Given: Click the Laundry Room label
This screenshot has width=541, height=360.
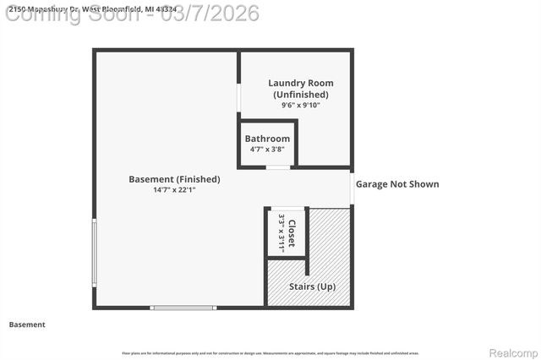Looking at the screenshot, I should [x=300, y=83].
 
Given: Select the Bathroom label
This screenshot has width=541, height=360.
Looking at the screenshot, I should [x=267, y=139].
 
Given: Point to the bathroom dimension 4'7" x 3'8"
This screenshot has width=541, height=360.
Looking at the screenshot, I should [x=267, y=150].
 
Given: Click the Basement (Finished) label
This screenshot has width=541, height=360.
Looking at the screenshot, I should [x=174, y=179].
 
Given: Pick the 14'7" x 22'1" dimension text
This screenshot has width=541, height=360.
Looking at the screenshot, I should [x=174, y=190].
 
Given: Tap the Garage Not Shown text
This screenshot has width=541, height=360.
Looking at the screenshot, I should [x=397, y=184].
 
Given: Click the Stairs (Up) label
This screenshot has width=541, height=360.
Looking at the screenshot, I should [x=313, y=286].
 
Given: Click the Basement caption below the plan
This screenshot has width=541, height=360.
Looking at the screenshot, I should [x=27, y=325].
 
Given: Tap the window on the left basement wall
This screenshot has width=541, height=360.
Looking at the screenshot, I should [x=94, y=254].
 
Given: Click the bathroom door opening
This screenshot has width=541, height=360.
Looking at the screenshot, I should [x=277, y=167].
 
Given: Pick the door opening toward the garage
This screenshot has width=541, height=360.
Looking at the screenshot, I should [x=352, y=188].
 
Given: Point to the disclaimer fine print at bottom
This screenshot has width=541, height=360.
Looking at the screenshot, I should [x=270, y=353].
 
